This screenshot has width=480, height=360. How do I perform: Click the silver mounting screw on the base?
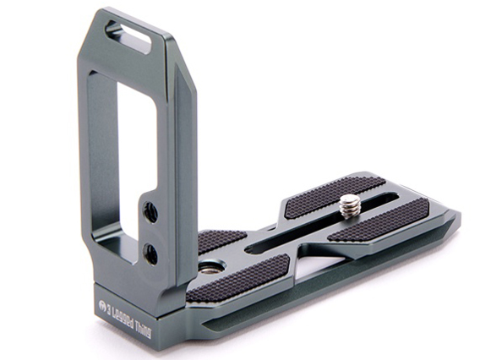pos(350,207)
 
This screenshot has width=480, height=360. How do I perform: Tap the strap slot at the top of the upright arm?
pos(128,36)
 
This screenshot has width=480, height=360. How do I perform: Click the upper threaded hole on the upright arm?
pos(150,211)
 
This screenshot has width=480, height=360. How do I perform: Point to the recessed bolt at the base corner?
pos(211,268)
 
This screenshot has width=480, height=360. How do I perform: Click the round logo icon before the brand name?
pos(103,306)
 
